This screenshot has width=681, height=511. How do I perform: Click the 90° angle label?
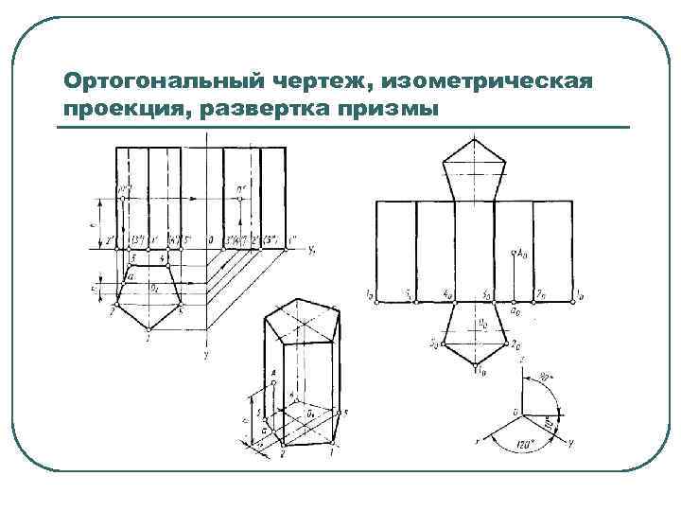coord(544,378)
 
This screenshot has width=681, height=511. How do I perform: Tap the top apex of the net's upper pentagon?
coord(473,139)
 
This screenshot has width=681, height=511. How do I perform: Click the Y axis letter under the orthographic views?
coord(205,355)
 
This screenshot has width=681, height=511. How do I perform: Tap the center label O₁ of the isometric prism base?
coord(311,414)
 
